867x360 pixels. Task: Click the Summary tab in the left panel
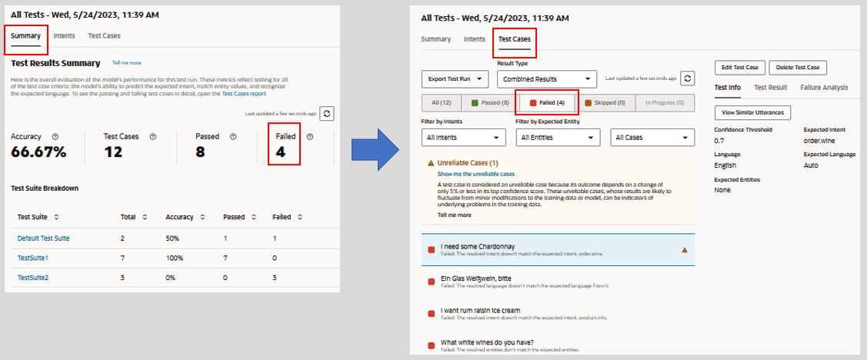pyautogui.click(x=26, y=36)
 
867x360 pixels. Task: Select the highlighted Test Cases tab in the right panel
pyautogui.click(x=514, y=39)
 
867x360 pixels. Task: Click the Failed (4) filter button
pyautogui.click(x=547, y=103)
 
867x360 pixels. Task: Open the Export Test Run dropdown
pyautogui.click(x=455, y=78)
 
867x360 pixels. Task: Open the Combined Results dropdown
pyautogui.click(x=546, y=78)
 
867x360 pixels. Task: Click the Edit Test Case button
pyautogui.click(x=740, y=68)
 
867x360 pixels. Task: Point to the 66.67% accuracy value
pyautogui.click(x=38, y=152)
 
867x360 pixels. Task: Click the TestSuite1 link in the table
pyautogui.click(x=33, y=258)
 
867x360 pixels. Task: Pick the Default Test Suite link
pyautogui.click(x=43, y=238)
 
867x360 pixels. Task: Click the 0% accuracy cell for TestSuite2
pyautogui.click(x=172, y=277)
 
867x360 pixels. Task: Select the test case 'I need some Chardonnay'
pyautogui.click(x=478, y=247)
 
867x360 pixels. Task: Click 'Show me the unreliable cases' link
pyautogui.click(x=475, y=175)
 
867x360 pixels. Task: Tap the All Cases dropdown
pyautogui.click(x=652, y=138)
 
